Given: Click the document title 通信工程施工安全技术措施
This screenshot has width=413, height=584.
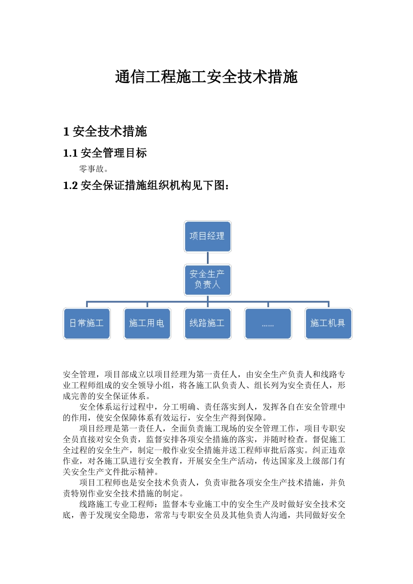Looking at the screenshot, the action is click(x=206, y=77).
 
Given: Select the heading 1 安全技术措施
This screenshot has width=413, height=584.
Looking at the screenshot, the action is click(x=105, y=131).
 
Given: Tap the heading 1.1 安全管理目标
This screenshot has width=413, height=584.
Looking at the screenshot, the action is click(x=105, y=153).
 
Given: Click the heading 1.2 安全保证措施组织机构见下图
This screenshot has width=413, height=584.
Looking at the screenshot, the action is click(x=146, y=186).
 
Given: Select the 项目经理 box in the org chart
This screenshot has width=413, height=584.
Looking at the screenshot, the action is click(x=207, y=236).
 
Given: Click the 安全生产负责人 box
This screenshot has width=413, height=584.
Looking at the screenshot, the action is click(x=207, y=279).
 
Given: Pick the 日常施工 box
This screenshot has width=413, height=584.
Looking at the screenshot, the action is click(x=87, y=323).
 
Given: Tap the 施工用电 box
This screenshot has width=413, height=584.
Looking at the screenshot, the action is click(x=147, y=323).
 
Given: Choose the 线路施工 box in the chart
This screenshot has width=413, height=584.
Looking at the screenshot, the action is click(x=207, y=323).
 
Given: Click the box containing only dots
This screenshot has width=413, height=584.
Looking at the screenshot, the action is click(x=268, y=323).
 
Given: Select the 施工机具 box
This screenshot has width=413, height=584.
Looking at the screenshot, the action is click(x=328, y=323).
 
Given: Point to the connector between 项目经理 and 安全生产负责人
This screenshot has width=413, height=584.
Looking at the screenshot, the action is click(x=207, y=258).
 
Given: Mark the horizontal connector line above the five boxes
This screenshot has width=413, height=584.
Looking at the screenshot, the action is click(x=243, y=302).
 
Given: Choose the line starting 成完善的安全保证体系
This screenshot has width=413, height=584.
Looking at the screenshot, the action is click(x=107, y=396).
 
